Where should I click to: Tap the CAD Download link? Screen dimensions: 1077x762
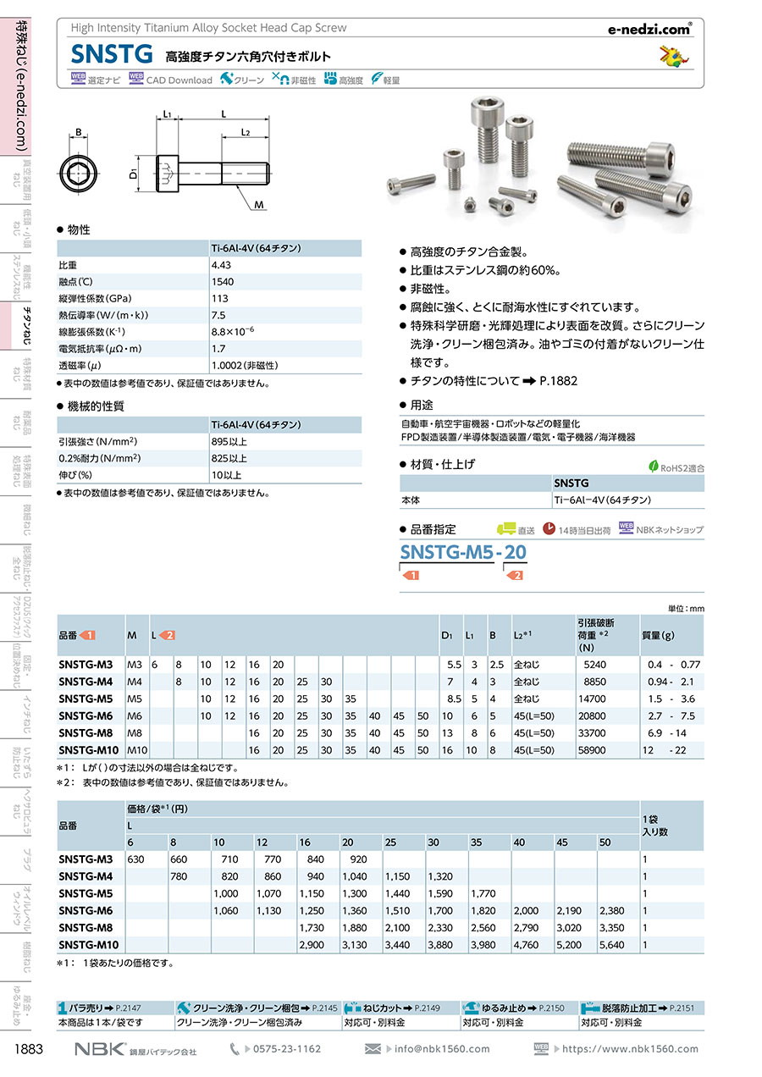tap(179, 80)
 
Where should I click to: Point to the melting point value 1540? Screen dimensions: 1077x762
tap(223, 281)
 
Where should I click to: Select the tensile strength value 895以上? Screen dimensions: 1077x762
tap(229, 441)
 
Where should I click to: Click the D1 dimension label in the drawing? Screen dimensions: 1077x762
tap(133, 174)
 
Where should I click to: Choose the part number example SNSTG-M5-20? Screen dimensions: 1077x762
tap(462, 553)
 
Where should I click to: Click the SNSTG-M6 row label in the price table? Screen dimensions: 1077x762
tap(86, 911)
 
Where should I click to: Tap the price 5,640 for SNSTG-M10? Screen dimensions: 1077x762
tap(614, 945)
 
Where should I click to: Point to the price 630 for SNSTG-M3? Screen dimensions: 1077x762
tap(136, 859)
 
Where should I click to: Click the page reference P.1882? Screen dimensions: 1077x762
tap(559, 381)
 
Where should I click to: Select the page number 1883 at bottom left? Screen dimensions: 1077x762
tap(29, 1049)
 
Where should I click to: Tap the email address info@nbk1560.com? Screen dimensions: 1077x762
tap(440, 1049)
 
